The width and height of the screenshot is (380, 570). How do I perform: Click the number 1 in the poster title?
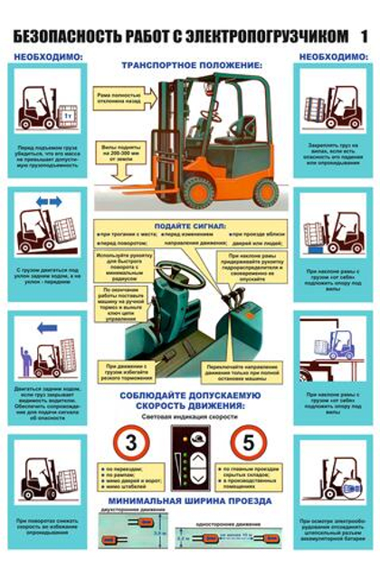pos(364,35)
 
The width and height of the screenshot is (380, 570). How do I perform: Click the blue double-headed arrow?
pos(47,201)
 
